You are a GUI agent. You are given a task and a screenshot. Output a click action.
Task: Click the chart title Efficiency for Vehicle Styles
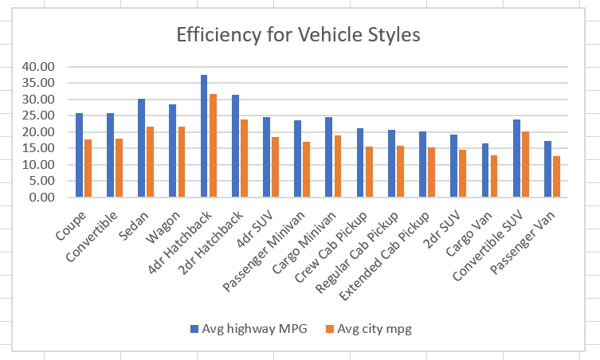[x=298, y=35]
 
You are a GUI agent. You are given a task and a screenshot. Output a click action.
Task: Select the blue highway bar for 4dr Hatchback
[x=204, y=136]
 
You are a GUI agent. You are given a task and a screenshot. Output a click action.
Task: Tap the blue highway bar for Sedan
[x=141, y=148]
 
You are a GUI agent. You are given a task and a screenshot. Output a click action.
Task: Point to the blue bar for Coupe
[x=79, y=155]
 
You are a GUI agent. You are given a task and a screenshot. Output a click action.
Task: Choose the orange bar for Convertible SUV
[x=524, y=164]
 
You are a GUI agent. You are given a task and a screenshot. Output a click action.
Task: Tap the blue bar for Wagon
[x=172, y=151]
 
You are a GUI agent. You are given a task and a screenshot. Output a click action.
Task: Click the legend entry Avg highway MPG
[x=237, y=328]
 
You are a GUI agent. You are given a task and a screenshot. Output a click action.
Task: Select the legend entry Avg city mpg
[x=365, y=328]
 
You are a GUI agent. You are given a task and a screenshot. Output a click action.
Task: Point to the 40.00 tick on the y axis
[x=38, y=67]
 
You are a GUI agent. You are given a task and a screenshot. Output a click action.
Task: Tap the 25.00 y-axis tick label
[x=38, y=115]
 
